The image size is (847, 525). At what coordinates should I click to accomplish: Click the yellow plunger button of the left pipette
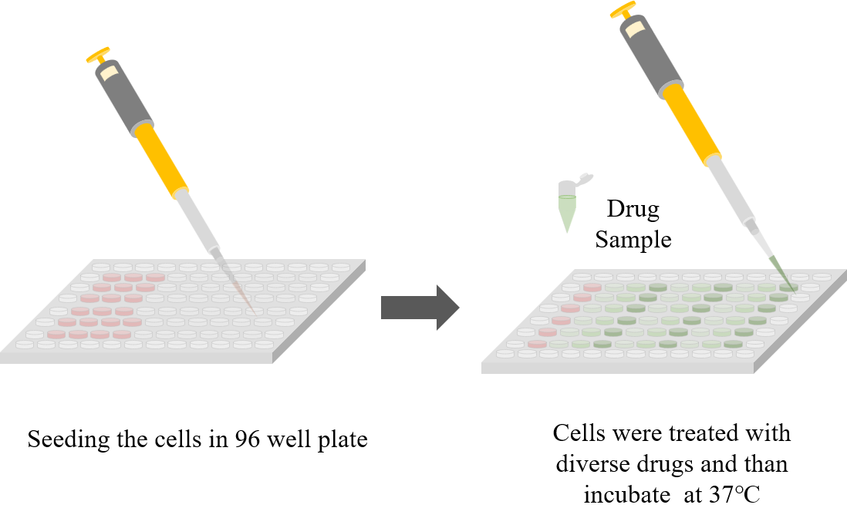pyautogui.click(x=98, y=55)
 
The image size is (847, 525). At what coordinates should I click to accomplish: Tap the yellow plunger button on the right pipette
pyautogui.click(x=623, y=10)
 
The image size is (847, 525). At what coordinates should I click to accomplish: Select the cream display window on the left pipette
pyautogui.click(x=109, y=72)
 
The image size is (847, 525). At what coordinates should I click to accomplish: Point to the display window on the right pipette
pyautogui.click(x=635, y=29)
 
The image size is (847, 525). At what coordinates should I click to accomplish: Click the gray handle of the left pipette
pyautogui.click(x=123, y=96)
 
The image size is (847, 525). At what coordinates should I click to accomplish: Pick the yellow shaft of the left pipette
pyautogui.click(x=162, y=160)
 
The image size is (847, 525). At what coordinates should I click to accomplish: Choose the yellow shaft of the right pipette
pyautogui.click(x=691, y=123)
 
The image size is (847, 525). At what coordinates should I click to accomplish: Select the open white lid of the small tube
pyautogui.click(x=584, y=179)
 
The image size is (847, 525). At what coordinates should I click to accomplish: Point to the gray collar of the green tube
pyautogui.click(x=566, y=189)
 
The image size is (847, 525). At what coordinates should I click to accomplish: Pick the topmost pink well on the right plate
pyautogui.click(x=592, y=288)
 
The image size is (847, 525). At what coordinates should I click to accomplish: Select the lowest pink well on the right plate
pyautogui.click(x=537, y=344)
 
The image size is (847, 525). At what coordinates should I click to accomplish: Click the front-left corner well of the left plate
pyautogui.click(x=25, y=345)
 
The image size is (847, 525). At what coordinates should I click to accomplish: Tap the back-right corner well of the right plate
pyautogui.click(x=822, y=277)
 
